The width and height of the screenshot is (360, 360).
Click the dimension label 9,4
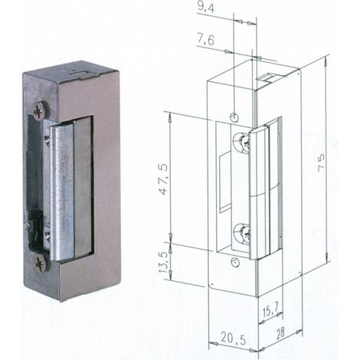click(x=205, y=8)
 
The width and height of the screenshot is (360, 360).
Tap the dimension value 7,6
click(x=205, y=41)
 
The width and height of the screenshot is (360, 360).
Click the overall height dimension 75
click(x=321, y=162)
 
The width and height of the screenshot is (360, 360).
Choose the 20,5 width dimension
click(x=233, y=339)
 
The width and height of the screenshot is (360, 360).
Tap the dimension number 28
click(x=280, y=333)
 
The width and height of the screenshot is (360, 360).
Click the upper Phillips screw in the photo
click(x=41, y=111)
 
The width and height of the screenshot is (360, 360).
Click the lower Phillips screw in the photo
click(x=41, y=263)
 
